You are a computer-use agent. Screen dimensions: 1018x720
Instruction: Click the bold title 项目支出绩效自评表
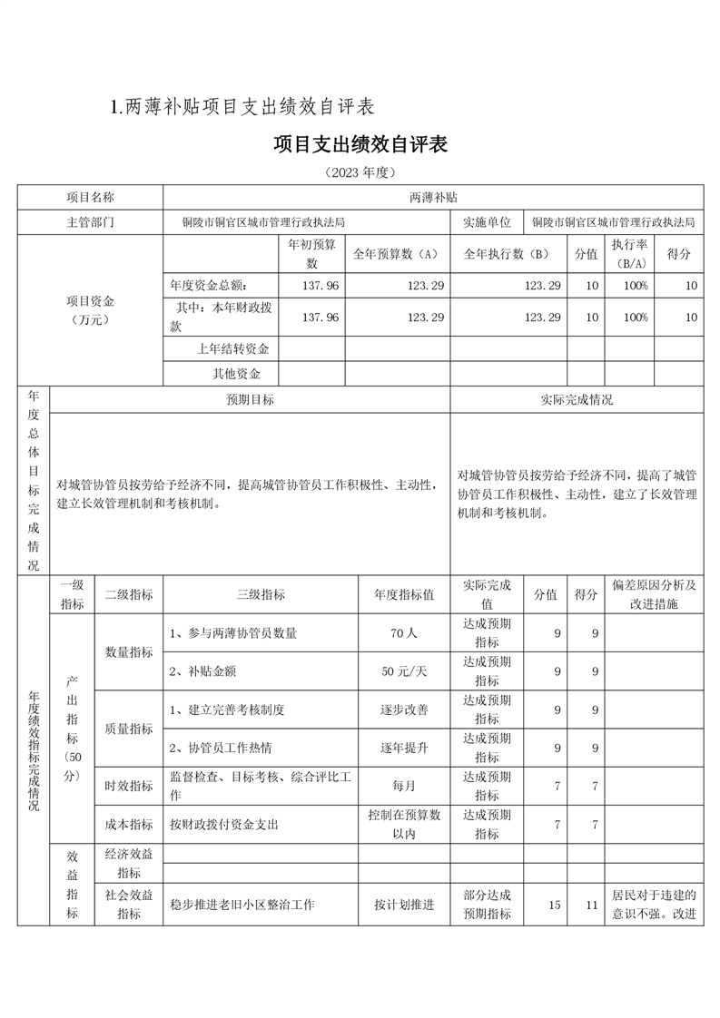click(x=360, y=144)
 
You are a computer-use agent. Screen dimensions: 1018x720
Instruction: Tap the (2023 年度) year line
click(x=360, y=172)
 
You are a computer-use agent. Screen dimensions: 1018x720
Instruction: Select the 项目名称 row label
click(x=90, y=197)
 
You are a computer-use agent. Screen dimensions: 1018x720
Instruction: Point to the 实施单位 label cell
click(x=488, y=221)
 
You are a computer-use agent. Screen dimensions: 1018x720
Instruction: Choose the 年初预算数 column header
click(x=311, y=253)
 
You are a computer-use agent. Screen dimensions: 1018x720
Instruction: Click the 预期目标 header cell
click(x=250, y=399)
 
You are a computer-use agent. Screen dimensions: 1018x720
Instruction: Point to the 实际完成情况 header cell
click(x=576, y=399)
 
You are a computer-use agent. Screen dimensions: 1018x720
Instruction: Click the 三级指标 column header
click(x=261, y=594)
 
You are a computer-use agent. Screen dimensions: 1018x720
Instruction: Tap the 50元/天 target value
click(x=404, y=671)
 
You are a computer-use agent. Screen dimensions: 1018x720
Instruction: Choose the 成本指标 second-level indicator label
click(x=129, y=824)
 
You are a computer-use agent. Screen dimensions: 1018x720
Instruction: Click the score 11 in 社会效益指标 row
click(x=591, y=905)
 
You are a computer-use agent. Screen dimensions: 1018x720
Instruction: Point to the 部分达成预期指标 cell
click(x=487, y=905)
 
